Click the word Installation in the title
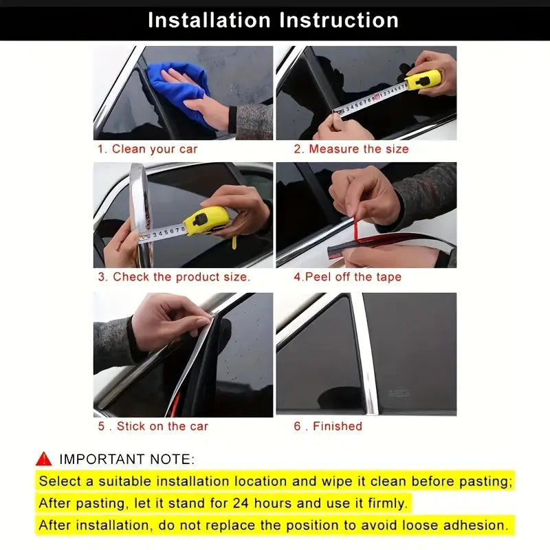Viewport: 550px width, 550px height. click(209, 20)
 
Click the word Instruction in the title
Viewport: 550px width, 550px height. click(339, 20)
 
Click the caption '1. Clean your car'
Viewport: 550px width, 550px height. click(148, 149)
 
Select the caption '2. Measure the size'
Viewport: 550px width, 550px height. click(351, 149)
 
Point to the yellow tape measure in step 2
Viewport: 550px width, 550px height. click(423, 80)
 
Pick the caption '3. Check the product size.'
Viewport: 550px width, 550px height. click(174, 277)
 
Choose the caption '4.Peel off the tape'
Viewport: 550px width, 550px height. click(347, 277)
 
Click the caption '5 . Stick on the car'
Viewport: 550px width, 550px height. click(153, 426)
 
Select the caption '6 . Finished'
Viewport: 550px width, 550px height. click(328, 426)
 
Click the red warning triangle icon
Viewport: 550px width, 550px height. click(43, 459)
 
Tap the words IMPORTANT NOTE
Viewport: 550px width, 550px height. click(126, 459)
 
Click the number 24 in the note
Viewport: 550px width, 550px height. click(241, 503)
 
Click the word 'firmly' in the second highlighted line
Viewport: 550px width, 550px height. click(386, 504)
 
